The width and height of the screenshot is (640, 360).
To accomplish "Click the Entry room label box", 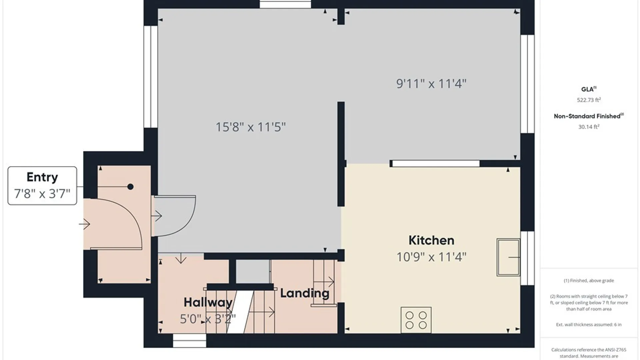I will pyautogui.click(x=42, y=185).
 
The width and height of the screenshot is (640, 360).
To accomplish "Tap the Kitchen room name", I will pyautogui.click(x=431, y=240).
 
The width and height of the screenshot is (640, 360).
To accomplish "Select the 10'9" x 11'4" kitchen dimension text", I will pyautogui.click(x=431, y=257).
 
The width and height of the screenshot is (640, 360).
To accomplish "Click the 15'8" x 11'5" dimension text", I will pyautogui.click(x=251, y=127).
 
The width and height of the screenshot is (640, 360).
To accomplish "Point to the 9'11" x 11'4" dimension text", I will pyautogui.click(x=431, y=83).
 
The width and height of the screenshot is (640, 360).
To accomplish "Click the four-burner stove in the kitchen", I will pyautogui.click(x=416, y=320).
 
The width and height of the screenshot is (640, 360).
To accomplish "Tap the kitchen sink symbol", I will pyautogui.click(x=508, y=257).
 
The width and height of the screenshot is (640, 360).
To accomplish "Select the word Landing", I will pyautogui.click(x=305, y=293).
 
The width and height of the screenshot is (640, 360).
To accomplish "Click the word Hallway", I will pyautogui.click(x=208, y=302).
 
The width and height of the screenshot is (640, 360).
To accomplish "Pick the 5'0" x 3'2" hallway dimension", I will pyautogui.click(x=208, y=319).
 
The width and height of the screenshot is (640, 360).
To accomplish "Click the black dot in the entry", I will pyautogui.click(x=130, y=187).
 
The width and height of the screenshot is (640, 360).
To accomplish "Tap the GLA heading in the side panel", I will pyautogui.click(x=589, y=89).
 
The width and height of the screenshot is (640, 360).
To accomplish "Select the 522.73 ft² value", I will pyautogui.click(x=589, y=100).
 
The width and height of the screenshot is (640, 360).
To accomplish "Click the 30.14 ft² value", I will pyautogui.click(x=589, y=127).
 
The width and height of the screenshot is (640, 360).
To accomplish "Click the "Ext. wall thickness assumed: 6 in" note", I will pyautogui.click(x=589, y=324).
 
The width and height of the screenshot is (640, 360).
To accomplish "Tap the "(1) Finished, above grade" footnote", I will pyautogui.click(x=589, y=280).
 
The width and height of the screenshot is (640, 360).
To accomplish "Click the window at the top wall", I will pyautogui.click(x=285, y=4).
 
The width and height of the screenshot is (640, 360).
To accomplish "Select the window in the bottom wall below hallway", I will pyautogui.click(x=189, y=340).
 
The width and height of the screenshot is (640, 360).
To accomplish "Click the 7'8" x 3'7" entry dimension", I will pyautogui.click(x=42, y=194).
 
